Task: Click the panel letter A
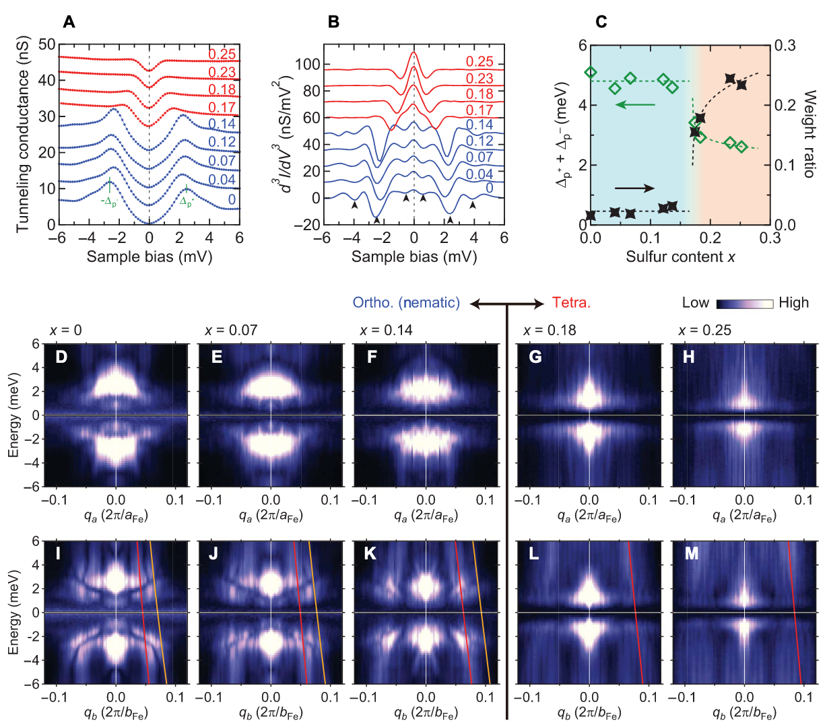tap(69, 22)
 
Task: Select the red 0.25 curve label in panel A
tap(222, 55)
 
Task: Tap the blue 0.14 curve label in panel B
tap(479, 125)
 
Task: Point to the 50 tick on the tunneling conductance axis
tap(47, 45)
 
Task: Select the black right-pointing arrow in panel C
tap(634, 188)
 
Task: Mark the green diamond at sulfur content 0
tap(591, 72)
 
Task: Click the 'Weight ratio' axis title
tap(809, 135)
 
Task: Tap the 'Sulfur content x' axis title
tap(680, 256)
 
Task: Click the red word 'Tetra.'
tap(571, 303)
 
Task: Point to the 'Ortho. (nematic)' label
tap(406, 303)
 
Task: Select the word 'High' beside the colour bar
tap(793, 303)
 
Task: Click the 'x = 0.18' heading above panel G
tap(550, 331)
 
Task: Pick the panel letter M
tap(690, 553)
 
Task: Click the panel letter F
tap(372, 356)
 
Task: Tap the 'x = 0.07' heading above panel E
tap(231, 331)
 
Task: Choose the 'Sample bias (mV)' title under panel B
tap(414, 256)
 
